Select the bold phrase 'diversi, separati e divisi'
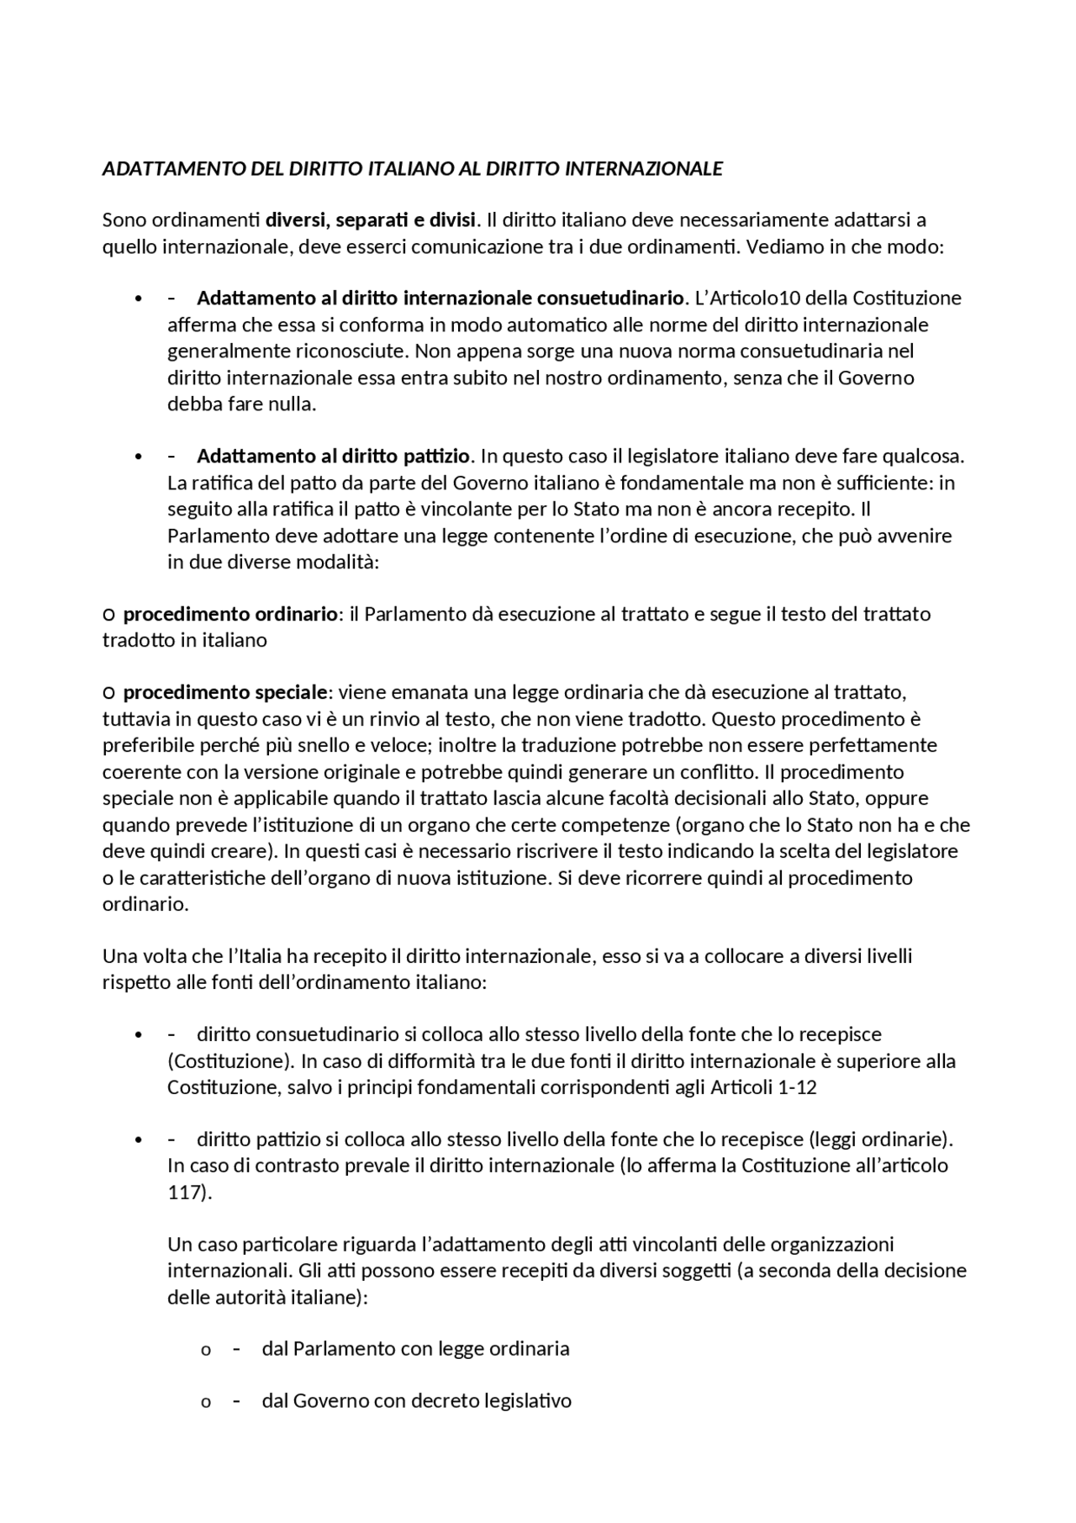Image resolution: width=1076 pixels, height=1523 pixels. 371,220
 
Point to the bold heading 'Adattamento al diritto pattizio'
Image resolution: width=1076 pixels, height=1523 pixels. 333,457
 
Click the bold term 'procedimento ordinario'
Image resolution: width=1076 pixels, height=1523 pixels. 230,614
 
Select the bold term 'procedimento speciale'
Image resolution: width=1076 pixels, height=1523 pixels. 224,693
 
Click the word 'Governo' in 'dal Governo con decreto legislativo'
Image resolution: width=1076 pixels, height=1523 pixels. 324,1402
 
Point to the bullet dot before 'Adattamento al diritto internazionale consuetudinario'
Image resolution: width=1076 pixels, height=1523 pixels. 138,299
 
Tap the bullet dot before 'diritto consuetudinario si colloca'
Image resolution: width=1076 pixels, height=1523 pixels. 138,1035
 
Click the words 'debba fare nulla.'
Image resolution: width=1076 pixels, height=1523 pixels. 241,404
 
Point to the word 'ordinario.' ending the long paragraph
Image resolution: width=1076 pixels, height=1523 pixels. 145,904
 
